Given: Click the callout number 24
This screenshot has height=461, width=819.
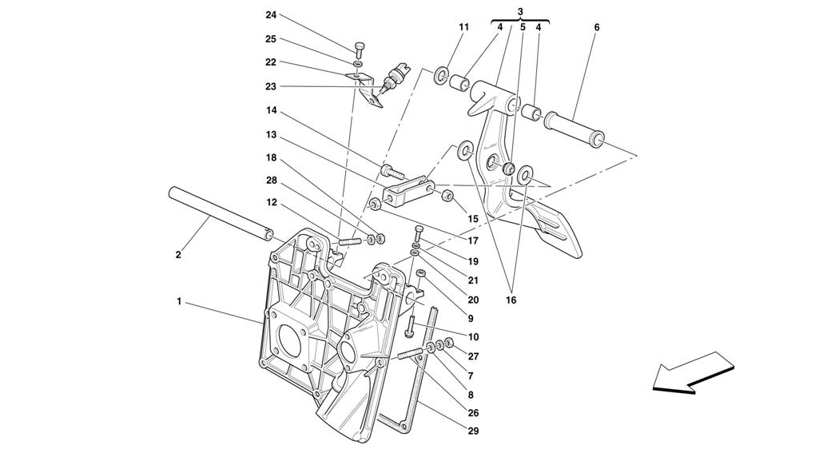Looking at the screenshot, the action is (x=271, y=15).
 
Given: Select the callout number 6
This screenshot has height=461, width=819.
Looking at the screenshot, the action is (x=597, y=27).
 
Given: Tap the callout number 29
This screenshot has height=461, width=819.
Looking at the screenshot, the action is (x=473, y=431).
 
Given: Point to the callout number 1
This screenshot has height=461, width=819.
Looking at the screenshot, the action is (x=179, y=301).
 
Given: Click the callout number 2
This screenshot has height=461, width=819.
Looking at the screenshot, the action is (x=178, y=256).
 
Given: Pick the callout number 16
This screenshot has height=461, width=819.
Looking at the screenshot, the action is (x=511, y=300).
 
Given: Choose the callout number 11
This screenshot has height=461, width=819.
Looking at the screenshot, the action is (x=464, y=27).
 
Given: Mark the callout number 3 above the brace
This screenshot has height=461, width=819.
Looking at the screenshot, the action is (x=520, y=11).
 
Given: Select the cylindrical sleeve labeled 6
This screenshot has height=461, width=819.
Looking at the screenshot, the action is (x=574, y=125).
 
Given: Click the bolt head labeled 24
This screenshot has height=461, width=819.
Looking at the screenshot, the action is (x=360, y=50).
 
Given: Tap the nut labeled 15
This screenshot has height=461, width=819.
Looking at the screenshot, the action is (x=447, y=197).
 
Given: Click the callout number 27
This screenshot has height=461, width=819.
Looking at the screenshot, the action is (x=473, y=356).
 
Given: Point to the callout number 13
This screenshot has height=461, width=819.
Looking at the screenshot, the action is (x=271, y=135).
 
